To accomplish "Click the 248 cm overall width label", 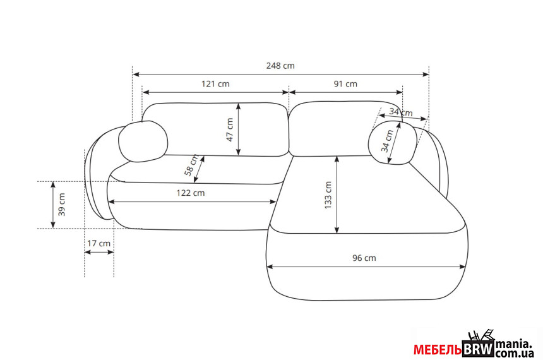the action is (280, 66).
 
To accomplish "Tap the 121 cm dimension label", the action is (215, 84).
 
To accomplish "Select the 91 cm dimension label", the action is (345, 84).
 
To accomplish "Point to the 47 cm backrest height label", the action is (230, 129).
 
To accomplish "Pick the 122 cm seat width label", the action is (191, 193).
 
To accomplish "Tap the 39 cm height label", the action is (62, 205).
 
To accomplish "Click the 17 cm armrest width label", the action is (98, 243).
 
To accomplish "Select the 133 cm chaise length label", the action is (328, 195).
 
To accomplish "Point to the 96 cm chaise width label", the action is (364, 258).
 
